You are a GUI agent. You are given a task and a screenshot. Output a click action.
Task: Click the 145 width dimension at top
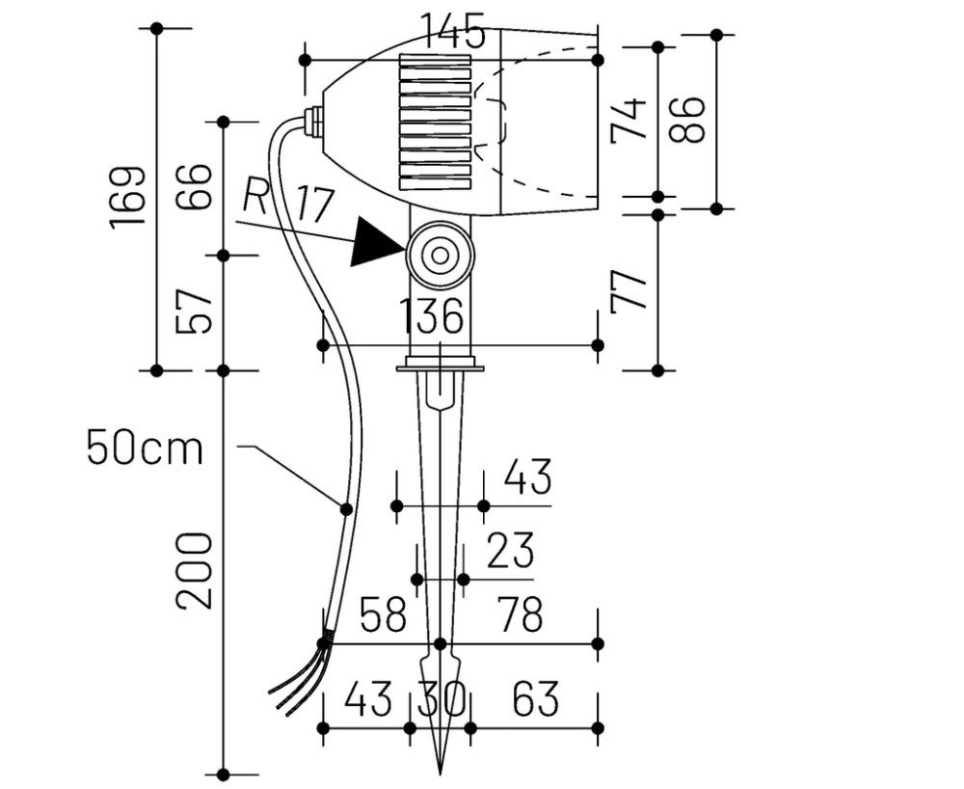point(452,35)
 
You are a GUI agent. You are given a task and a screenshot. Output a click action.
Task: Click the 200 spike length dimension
point(193,569)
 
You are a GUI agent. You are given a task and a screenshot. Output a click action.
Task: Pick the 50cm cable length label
point(145,448)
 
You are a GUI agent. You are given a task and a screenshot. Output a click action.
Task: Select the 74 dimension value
point(630,120)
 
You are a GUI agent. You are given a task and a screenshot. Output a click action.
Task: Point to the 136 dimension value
point(432,316)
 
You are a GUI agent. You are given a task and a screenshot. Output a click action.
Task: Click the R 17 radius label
point(287,201)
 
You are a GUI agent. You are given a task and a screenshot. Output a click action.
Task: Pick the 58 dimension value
point(383,614)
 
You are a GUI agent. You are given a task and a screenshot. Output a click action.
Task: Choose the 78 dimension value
point(521,614)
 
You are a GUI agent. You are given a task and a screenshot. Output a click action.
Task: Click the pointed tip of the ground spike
point(441,771)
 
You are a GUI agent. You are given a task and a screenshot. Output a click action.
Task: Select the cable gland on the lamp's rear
point(312,122)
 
